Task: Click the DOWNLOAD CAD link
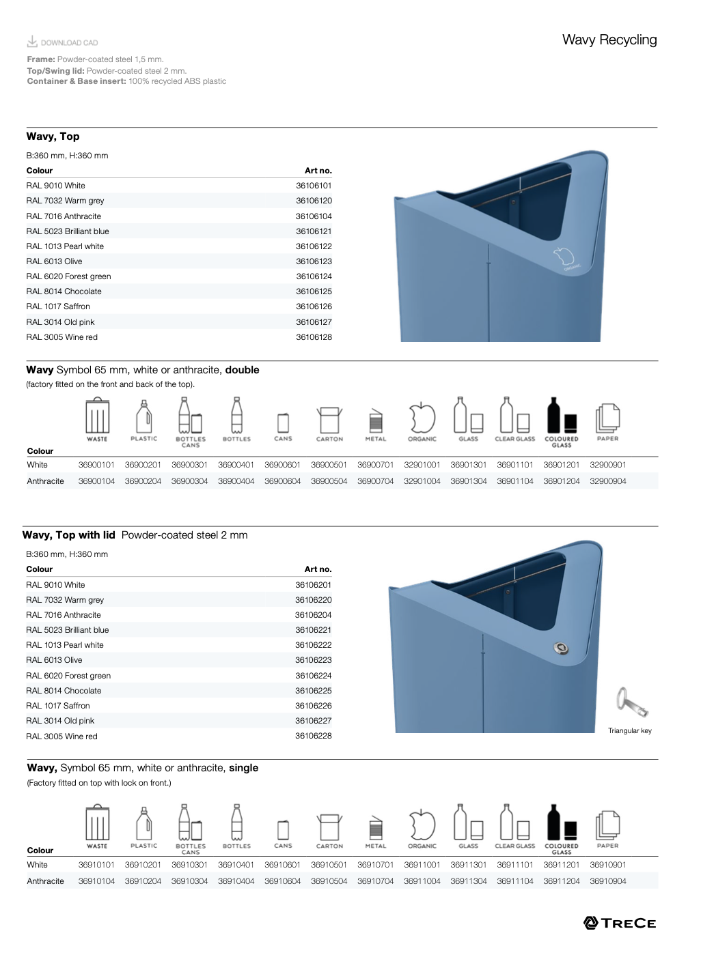pyautogui.click(x=63, y=42)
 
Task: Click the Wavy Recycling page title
pyautogui.click(x=609, y=40)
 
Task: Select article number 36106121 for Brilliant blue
pyautogui.click(x=314, y=231)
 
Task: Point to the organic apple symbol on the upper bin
pyautogui.click(x=564, y=259)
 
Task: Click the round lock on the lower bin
pyautogui.click(x=561, y=648)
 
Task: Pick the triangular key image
pyautogui.click(x=631, y=702)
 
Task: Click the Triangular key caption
pyautogui.click(x=629, y=731)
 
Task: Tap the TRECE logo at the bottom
pyautogui.click(x=620, y=923)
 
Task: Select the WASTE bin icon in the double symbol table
pyautogui.click(x=97, y=417)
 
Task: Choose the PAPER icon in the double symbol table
pyautogui.click(x=607, y=417)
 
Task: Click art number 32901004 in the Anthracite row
pyautogui.click(x=422, y=481)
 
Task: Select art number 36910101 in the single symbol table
pyautogui.click(x=96, y=865)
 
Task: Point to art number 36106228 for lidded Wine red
pyautogui.click(x=313, y=736)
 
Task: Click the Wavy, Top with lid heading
pyautogui.click(x=69, y=535)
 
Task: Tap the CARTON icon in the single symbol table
pyautogui.click(x=329, y=827)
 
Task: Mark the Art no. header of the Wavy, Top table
pyautogui.click(x=318, y=171)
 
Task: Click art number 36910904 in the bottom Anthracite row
pyautogui.click(x=607, y=881)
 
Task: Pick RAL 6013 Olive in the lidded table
pyautogui.click(x=54, y=660)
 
